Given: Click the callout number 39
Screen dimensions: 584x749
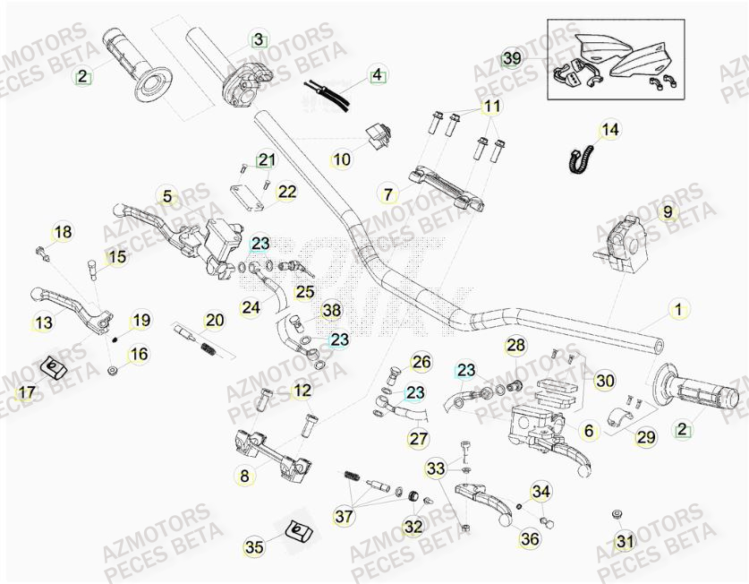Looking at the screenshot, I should tap(511, 58).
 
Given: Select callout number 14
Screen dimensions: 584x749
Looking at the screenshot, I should tap(609, 131).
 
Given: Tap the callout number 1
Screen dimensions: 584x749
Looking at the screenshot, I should tap(677, 310).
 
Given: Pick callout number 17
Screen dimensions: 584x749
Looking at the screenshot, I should tap(27, 392).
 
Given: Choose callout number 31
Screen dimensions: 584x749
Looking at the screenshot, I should tap(624, 541).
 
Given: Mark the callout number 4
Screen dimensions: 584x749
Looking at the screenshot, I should tap(377, 74).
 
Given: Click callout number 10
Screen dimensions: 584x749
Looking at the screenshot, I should tap(342, 161).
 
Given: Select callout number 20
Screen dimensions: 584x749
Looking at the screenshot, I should tap(214, 320).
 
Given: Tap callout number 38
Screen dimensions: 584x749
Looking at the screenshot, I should tap(332, 311).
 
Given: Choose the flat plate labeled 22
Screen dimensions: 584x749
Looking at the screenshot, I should tap(246, 196).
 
